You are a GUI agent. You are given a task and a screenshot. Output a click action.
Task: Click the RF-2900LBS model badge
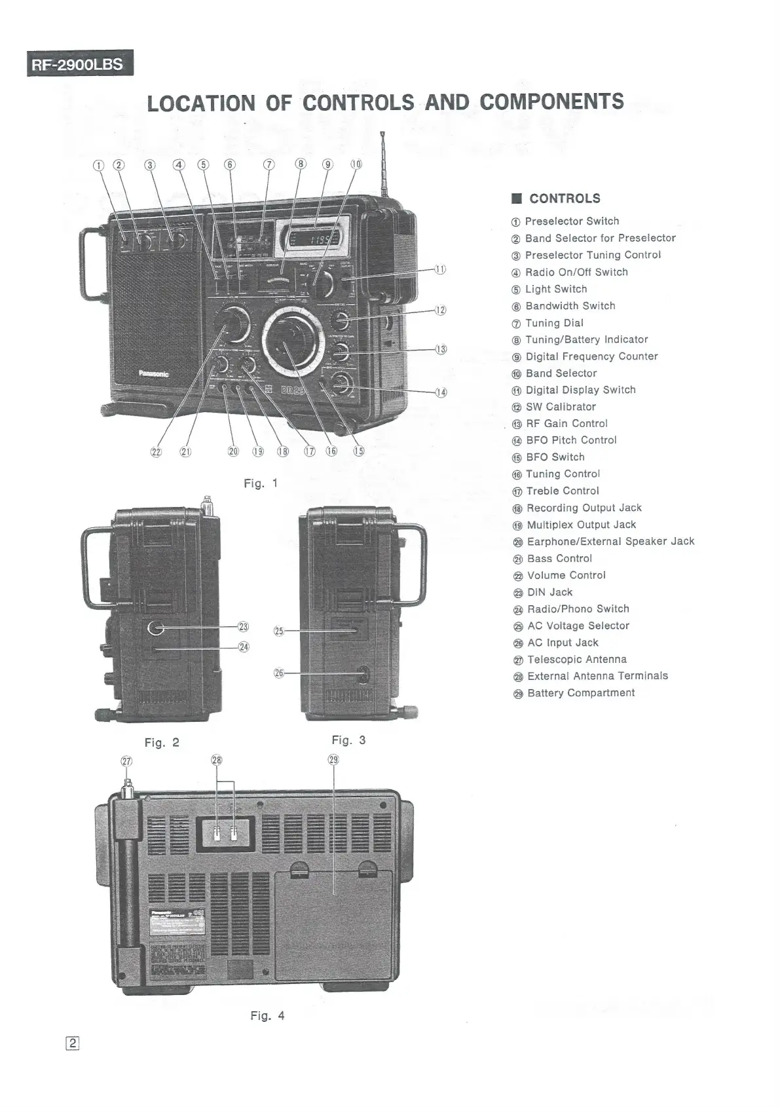coord(80,64)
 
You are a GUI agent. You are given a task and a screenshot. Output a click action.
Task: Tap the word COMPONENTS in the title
coord(551,102)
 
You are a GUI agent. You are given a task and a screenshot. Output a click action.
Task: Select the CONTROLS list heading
coord(564,198)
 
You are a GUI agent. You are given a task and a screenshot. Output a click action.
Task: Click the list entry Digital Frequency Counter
coord(591,356)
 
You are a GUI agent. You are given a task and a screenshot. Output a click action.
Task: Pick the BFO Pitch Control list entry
coord(571,440)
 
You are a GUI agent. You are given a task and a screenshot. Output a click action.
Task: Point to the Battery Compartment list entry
coord(580,693)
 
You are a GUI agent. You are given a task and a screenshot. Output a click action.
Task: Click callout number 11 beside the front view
coord(440,269)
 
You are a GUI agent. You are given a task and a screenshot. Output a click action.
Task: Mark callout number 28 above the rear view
coord(217,760)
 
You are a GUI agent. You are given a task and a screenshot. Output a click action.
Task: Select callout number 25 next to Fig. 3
coord(278,631)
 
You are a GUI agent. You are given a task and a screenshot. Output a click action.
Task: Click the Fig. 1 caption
coord(261,483)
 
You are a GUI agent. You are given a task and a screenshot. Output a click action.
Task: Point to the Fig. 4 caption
coord(267,1016)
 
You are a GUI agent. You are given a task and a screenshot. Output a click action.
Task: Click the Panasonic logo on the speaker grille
coord(153,374)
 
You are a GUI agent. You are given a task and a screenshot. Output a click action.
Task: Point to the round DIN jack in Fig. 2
coord(156,628)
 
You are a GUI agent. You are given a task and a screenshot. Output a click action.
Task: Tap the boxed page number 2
coord(73,1044)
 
